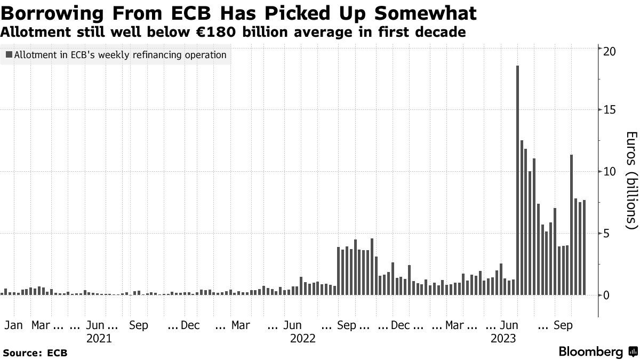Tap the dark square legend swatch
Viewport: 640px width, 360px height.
click(9, 54)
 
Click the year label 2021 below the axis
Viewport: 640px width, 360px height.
click(99, 338)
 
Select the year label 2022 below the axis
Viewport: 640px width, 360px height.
click(303, 338)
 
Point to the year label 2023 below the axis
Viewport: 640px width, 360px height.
click(503, 338)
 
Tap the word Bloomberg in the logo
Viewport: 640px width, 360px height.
click(590, 352)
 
